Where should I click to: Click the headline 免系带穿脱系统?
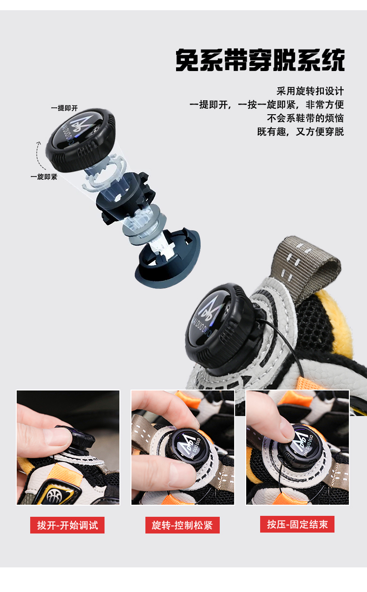coord(260,60)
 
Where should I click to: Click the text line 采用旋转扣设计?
coord(310,91)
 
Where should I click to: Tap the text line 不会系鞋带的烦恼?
coord(305,118)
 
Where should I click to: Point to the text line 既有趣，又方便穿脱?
coord(301,131)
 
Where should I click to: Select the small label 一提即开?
coord(65,108)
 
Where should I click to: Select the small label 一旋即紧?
coord(44,177)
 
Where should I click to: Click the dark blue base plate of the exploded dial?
coord(168,259)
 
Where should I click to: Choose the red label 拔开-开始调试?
coord(67,525)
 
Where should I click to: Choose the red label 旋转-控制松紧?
coord(183,525)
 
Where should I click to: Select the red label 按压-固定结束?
coord(297,524)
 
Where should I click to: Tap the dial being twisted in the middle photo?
coord(188,447)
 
